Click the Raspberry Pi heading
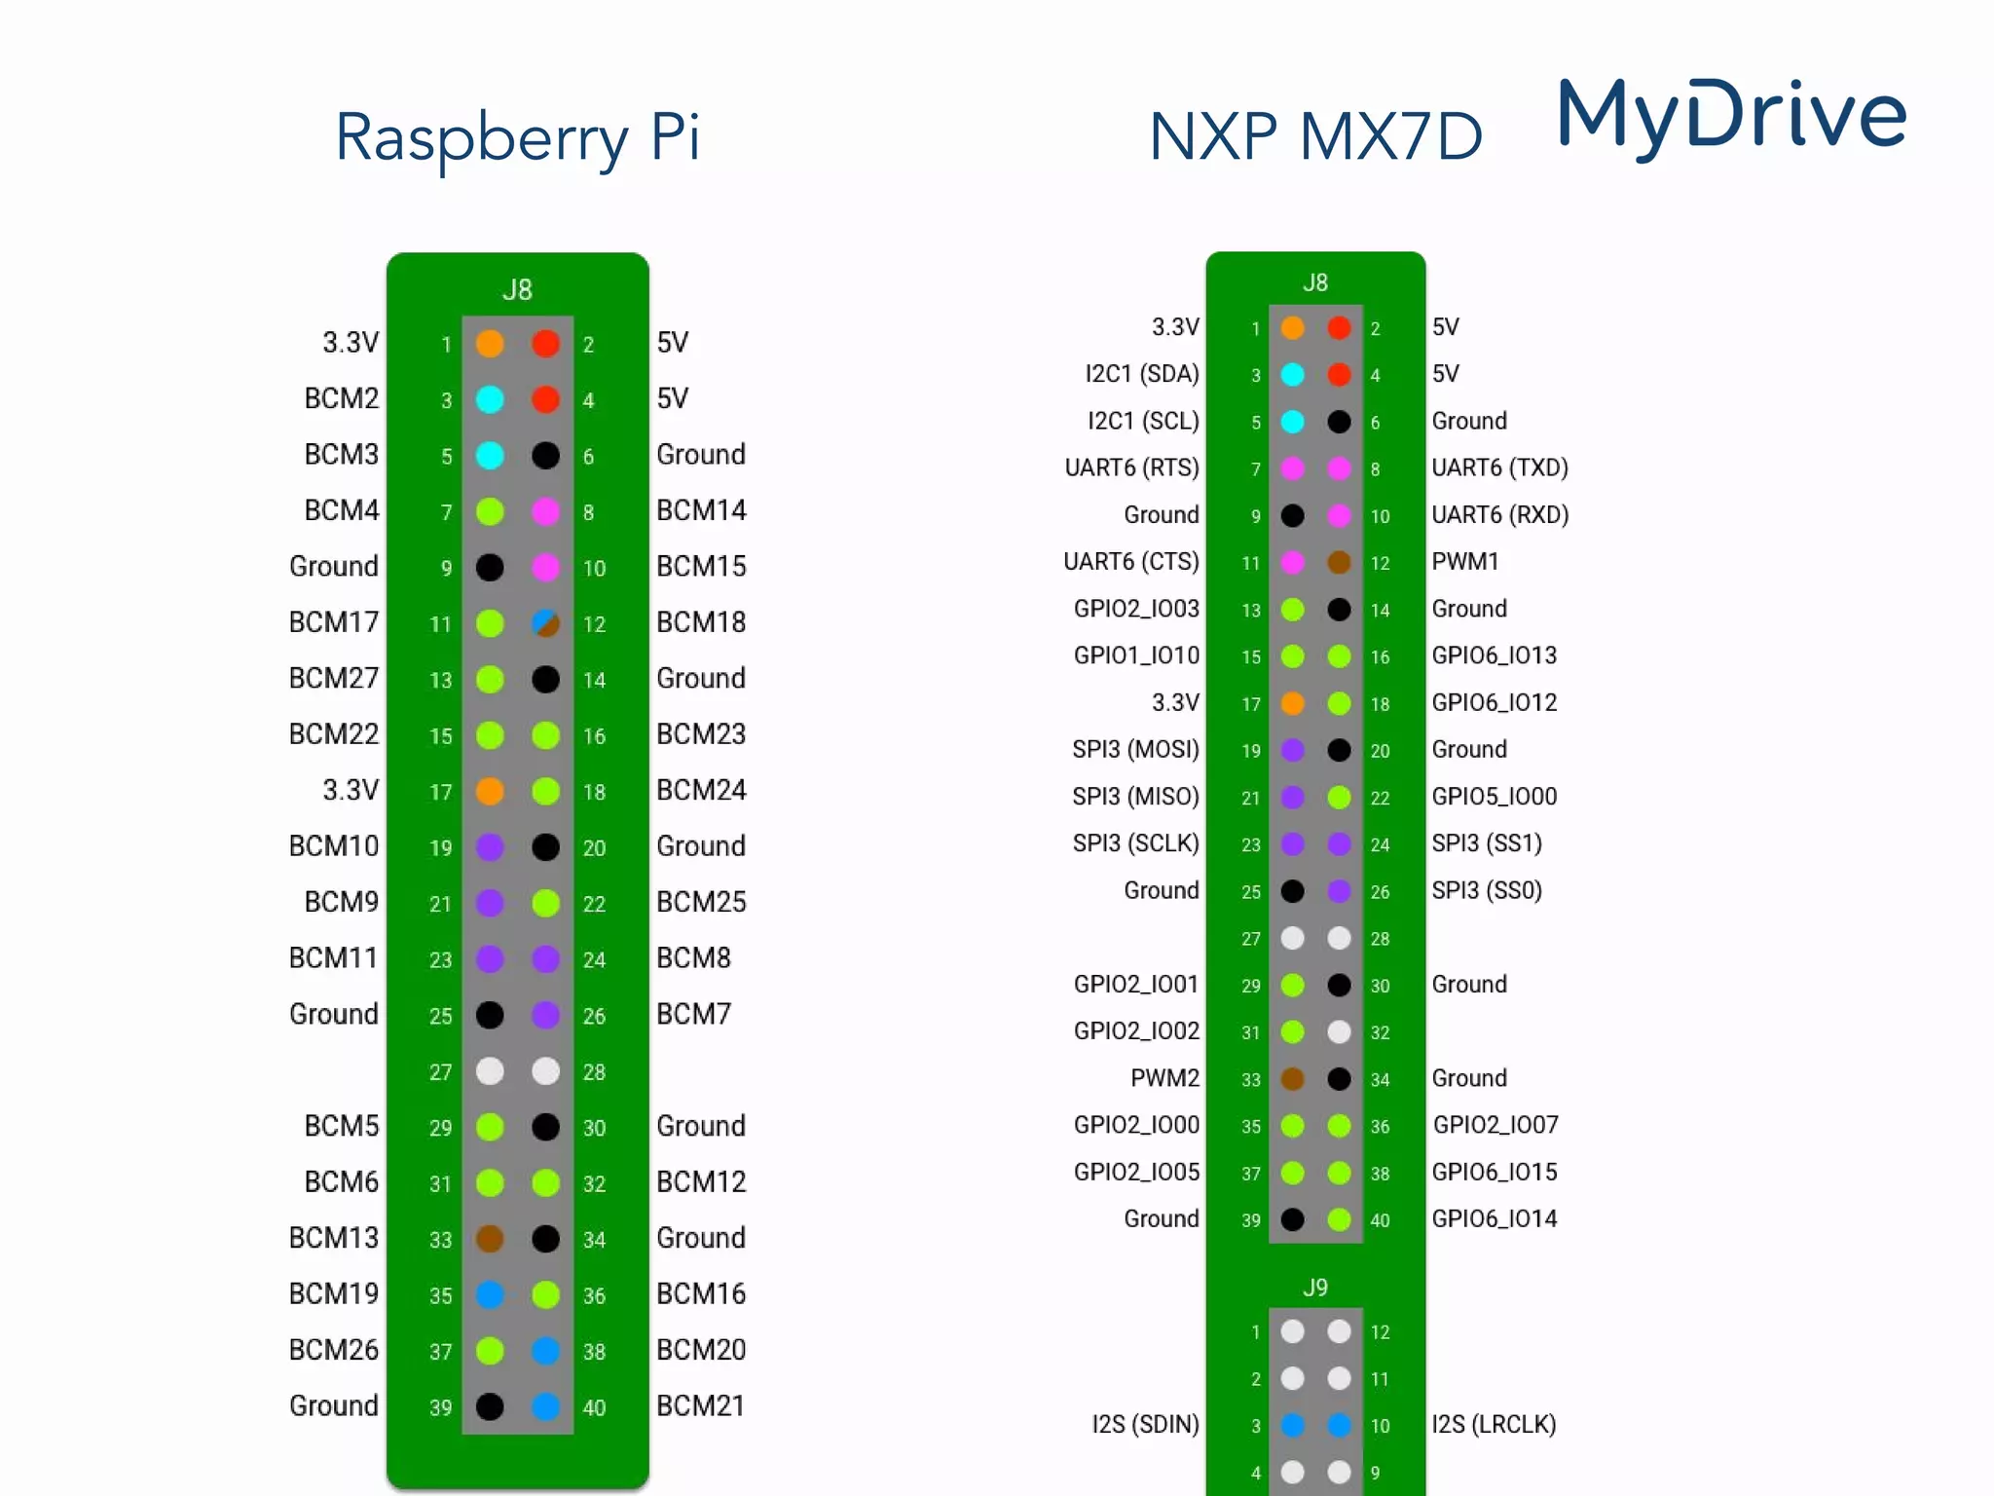coord(517,137)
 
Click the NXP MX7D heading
coord(1315,137)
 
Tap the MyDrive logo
coord(1732,116)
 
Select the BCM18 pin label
coord(701,622)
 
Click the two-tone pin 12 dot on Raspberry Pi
coord(546,623)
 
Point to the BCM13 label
coord(334,1238)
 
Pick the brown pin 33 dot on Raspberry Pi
coord(490,1239)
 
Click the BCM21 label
coord(701,1405)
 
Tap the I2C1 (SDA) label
coord(1142,374)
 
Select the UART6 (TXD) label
coord(1499,467)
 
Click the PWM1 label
coord(1465,561)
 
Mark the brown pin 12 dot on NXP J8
coord(1340,562)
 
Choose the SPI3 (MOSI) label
coord(1135,749)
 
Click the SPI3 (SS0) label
coord(1487,890)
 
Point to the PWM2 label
coord(1164,1078)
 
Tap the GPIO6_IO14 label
coord(1495,1218)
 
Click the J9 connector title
coord(1315,1288)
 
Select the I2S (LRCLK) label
coord(1494,1424)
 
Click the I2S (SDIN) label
coord(1145,1424)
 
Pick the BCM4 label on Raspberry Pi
coord(342,510)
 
